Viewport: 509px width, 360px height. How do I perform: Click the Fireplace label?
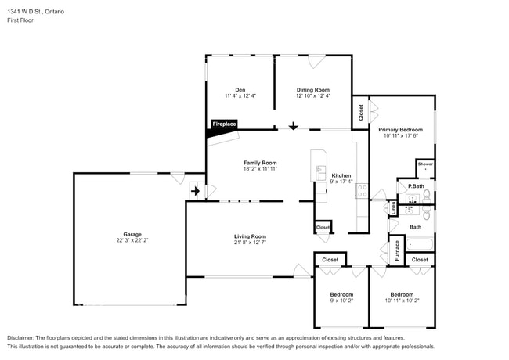[224, 124]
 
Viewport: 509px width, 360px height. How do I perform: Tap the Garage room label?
[132, 234]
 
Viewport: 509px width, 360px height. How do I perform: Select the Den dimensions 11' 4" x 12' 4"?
[240, 95]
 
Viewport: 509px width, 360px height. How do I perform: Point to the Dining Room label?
[313, 90]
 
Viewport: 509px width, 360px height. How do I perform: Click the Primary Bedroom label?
[401, 130]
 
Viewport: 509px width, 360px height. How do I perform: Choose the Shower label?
[425, 164]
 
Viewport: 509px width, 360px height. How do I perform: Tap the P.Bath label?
[416, 186]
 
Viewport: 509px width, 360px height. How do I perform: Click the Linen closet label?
[393, 208]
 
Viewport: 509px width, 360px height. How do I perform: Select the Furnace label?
[397, 250]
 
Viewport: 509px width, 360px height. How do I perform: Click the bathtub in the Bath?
[420, 244]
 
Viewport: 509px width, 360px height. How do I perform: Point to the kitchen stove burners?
[363, 191]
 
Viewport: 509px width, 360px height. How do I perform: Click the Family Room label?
[260, 163]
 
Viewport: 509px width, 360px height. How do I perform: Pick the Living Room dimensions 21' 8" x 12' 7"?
[250, 243]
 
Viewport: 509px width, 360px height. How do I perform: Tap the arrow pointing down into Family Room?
[294, 126]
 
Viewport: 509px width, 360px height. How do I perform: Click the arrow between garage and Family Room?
[195, 192]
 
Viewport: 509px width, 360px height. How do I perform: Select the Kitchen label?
[341, 175]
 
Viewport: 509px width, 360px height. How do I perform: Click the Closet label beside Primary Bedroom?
[361, 113]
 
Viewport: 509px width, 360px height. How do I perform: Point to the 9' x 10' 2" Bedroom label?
[341, 294]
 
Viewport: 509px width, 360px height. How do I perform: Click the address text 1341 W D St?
[23, 12]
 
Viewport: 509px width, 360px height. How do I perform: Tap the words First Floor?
[20, 20]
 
